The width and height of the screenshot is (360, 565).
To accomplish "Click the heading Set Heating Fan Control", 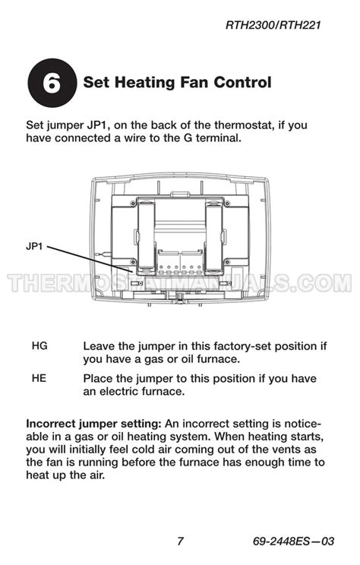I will coord(176,82).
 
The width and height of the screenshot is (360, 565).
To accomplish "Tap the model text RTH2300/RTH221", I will coord(274,25).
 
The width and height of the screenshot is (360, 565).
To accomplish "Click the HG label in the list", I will coord(39,346).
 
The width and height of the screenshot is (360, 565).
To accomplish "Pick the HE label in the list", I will coord(39,378).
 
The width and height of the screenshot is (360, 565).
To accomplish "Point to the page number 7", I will coord(180,541).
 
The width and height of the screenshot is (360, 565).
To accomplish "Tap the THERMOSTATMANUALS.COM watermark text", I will coord(180,283).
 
